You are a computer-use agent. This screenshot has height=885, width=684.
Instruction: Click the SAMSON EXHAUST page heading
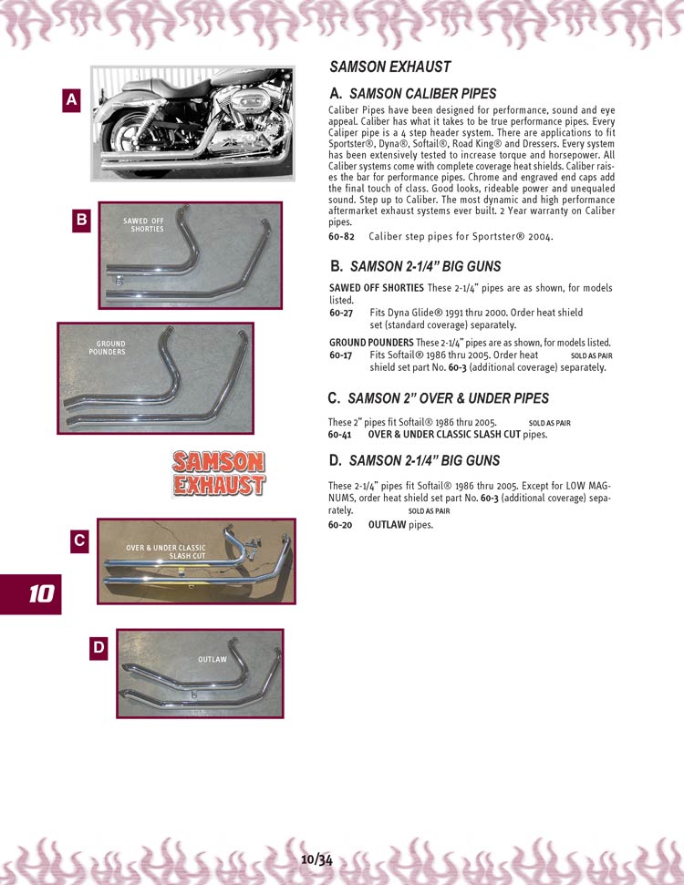pyautogui.click(x=389, y=67)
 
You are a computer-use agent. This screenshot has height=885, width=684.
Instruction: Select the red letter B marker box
pyautogui.click(x=81, y=219)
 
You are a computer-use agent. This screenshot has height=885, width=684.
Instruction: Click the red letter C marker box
pyautogui.click(x=80, y=540)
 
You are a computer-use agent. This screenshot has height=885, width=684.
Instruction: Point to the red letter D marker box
pyautogui.click(x=98, y=647)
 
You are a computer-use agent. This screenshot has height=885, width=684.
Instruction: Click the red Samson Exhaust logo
pyautogui.click(x=219, y=473)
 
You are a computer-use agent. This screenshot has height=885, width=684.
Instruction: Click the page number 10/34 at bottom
pyautogui.click(x=316, y=859)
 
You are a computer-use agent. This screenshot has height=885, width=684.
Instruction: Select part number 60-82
pyautogui.click(x=341, y=237)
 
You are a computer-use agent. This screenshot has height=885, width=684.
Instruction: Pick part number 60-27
pyautogui.click(x=341, y=313)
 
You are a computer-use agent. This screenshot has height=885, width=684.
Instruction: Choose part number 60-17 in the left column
pyautogui.click(x=341, y=355)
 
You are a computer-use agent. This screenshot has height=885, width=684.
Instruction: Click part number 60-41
pyautogui.click(x=340, y=435)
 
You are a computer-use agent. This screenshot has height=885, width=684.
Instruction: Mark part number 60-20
pyautogui.click(x=341, y=525)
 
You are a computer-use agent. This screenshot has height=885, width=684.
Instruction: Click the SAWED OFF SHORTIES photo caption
pyautogui.click(x=143, y=224)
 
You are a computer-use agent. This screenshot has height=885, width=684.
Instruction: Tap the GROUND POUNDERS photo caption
pyautogui.click(x=107, y=347)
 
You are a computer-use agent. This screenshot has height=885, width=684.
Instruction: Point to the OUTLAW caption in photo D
pyautogui.click(x=212, y=659)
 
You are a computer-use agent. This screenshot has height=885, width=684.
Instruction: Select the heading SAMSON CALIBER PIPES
pyautogui.click(x=422, y=93)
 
